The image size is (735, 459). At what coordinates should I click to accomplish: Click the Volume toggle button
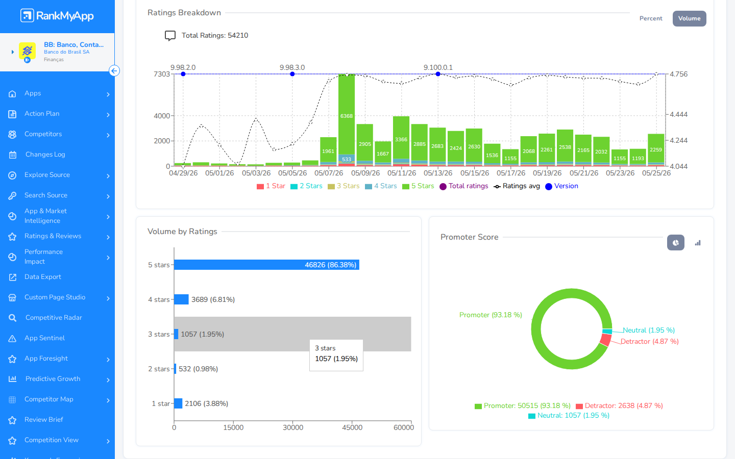689,18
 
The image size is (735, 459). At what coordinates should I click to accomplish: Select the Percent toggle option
651,18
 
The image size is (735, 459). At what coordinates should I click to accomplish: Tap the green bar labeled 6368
347,114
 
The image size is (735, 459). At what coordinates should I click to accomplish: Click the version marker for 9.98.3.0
292,74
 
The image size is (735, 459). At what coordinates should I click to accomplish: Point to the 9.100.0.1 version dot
438,74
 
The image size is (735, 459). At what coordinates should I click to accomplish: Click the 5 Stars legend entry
419,186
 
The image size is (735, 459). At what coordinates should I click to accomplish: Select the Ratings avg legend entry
517,186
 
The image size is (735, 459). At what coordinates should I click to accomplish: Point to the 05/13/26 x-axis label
438,173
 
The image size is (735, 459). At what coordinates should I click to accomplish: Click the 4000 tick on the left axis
162,116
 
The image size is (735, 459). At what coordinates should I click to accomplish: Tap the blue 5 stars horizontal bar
266,265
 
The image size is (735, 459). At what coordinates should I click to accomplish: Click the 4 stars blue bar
181,299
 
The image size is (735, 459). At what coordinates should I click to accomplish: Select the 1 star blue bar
178,403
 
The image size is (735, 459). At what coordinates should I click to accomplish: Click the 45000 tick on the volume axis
352,427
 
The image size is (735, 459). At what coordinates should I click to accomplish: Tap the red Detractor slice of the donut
605,340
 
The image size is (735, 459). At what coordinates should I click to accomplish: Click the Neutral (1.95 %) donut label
649,330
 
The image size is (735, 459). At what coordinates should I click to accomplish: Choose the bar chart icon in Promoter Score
698,243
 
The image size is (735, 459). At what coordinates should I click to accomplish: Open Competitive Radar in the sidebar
54,317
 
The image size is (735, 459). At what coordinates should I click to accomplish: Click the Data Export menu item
43,277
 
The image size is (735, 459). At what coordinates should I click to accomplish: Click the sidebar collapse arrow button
114,70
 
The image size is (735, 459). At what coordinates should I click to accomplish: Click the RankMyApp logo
57,15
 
